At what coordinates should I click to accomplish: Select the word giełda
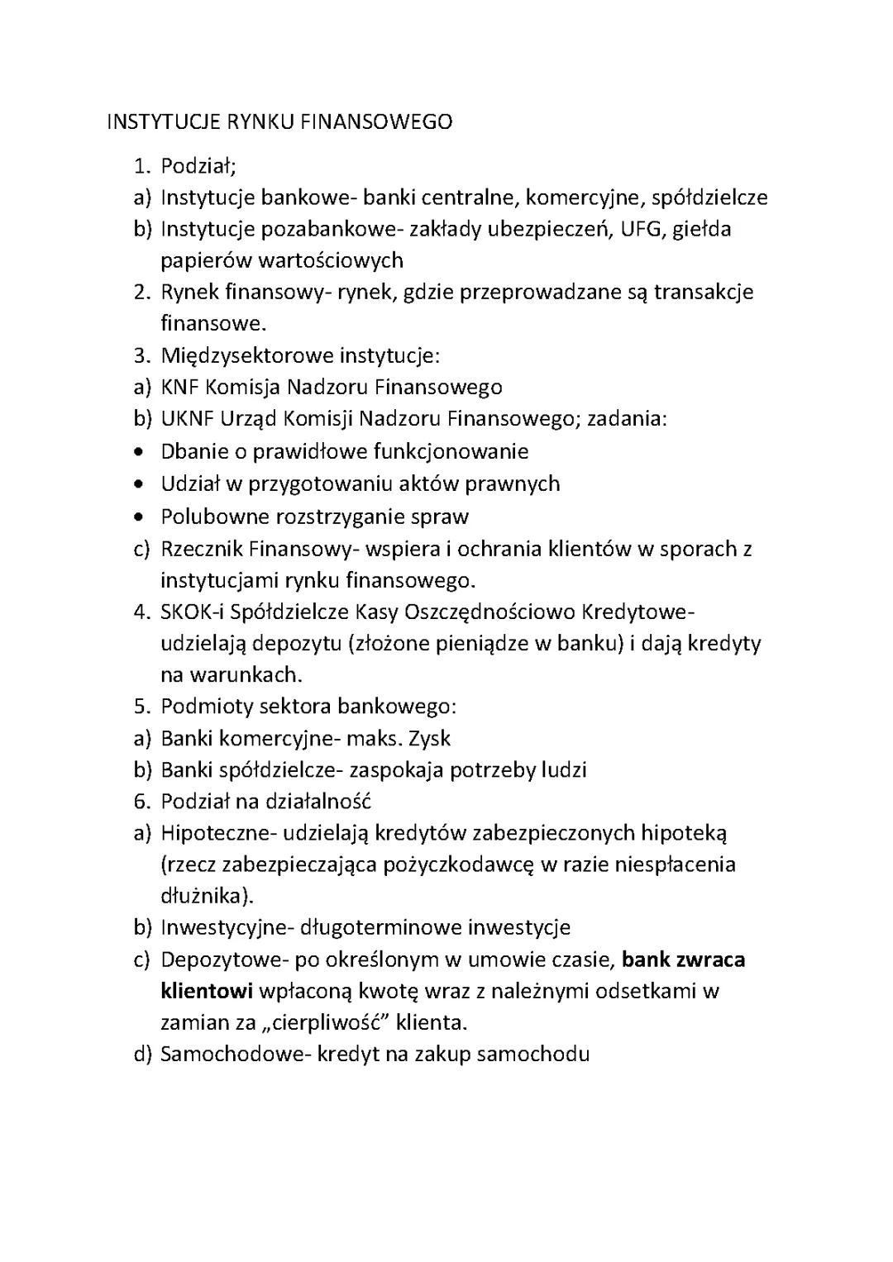701,229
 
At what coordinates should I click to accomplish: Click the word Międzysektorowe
246,356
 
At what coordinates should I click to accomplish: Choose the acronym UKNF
188,419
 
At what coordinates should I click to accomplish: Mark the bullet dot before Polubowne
144,517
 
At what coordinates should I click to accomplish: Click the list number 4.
141,612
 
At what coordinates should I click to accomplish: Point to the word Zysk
425,738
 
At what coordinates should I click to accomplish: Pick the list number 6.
141,802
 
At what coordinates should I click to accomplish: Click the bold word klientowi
207,991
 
